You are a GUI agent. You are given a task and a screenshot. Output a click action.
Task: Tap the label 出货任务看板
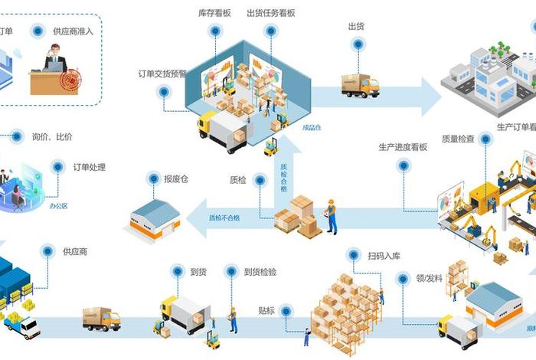(271, 13)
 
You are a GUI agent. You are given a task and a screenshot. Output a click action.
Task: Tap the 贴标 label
(266, 311)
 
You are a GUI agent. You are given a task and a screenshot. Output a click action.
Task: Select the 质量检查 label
(458, 139)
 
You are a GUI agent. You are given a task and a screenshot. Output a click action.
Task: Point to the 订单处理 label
(89, 167)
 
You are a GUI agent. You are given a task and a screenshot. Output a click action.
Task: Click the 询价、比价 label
(52, 137)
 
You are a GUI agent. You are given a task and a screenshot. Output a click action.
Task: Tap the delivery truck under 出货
(360, 86)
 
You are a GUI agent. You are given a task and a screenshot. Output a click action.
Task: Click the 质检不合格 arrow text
(224, 218)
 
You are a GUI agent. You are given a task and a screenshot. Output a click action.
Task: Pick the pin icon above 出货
(356, 44)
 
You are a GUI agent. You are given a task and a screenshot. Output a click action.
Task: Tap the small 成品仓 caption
(311, 128)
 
